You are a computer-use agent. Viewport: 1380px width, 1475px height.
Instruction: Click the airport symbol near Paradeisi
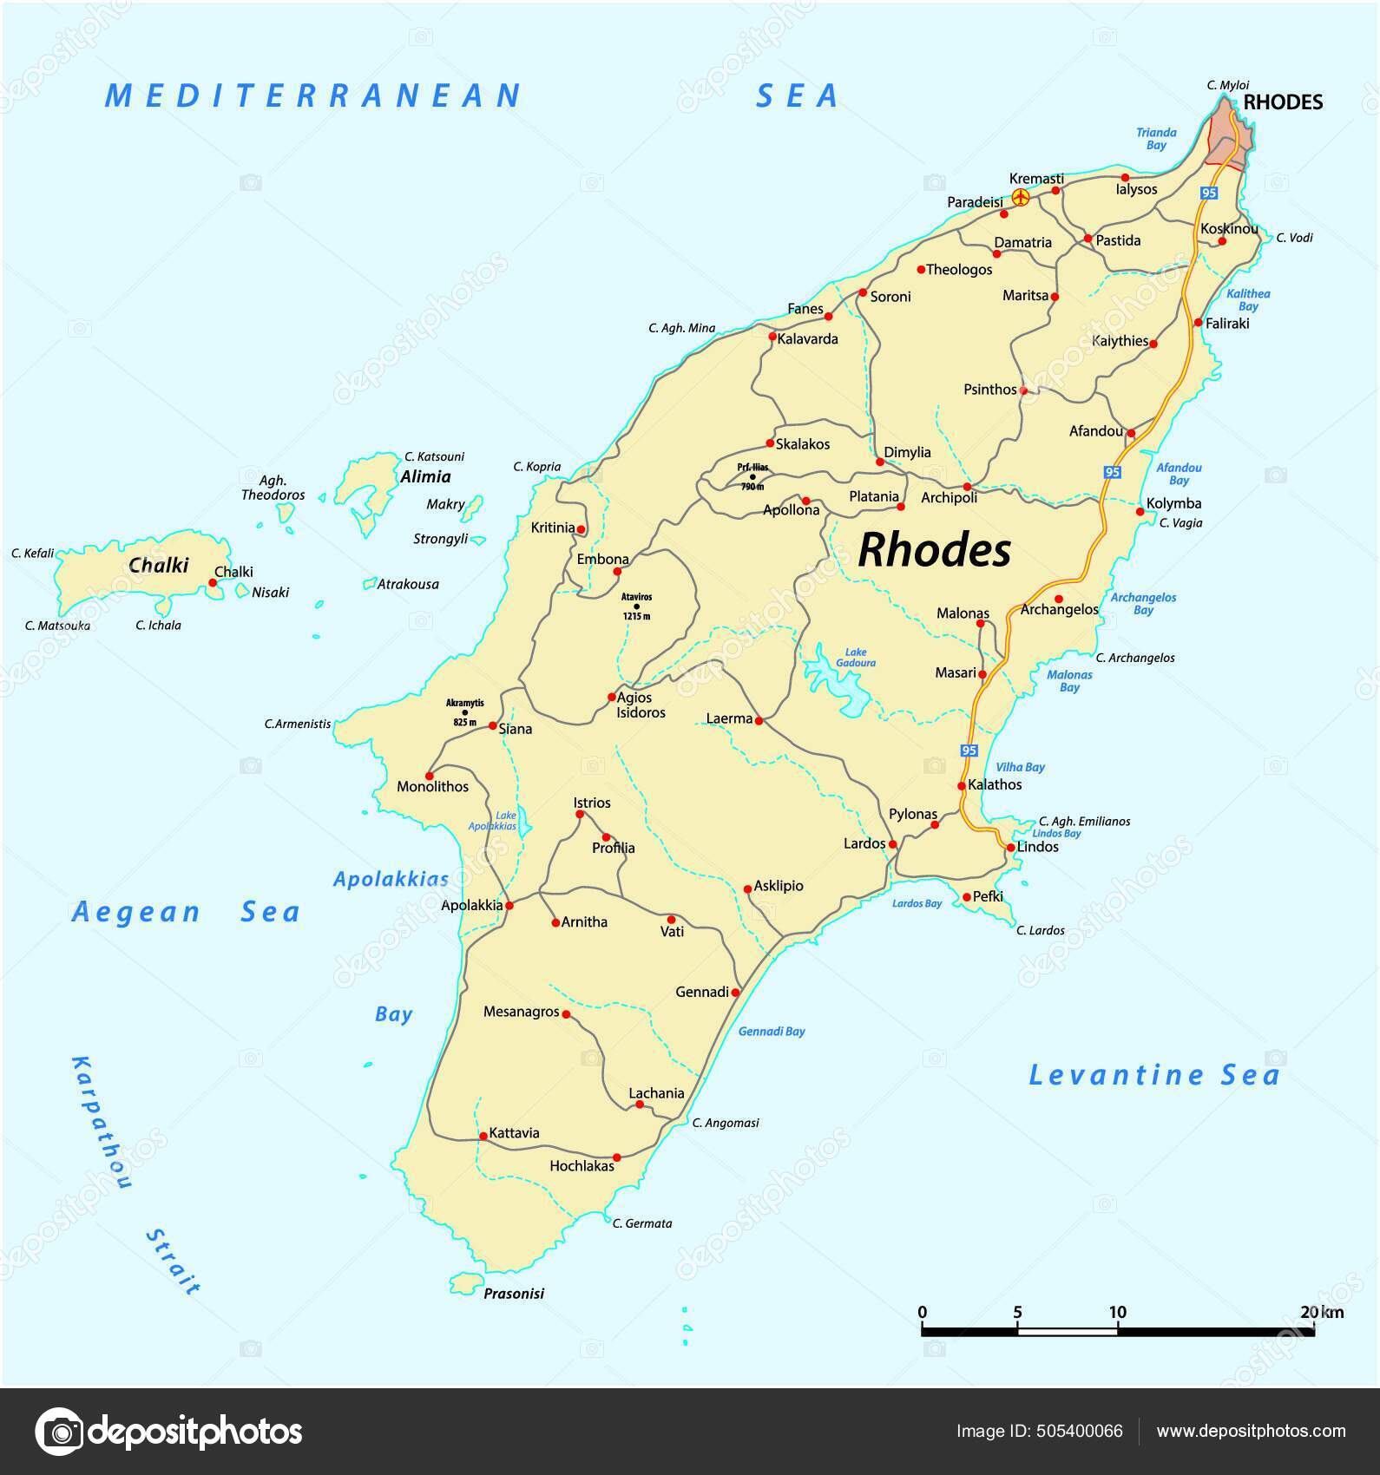(1021, 199)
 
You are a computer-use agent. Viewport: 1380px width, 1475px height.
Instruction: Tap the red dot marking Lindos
(1011, 848)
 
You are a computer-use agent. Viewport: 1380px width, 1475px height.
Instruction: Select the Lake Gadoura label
(856, 658)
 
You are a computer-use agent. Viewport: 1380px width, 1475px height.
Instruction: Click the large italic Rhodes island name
(934, 550)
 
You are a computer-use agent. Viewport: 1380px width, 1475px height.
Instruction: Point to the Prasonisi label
(514, 1294)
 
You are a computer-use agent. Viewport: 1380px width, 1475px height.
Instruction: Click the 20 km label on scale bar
(1322, 1312)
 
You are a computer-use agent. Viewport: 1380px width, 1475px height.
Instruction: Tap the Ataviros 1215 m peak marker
(636, 606)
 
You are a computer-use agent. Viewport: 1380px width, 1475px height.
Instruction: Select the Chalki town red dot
(213, 583)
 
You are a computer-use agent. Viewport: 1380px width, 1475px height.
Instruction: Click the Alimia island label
(425, 476)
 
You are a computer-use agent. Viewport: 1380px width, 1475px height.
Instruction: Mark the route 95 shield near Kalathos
(969, 750)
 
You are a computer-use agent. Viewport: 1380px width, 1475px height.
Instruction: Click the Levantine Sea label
(1153, 1076)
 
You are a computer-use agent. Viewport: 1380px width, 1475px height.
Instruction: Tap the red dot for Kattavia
(483, 1137)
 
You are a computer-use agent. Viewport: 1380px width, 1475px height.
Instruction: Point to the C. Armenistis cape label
(298, 724)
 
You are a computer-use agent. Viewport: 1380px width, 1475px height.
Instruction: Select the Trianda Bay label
(1156, 139)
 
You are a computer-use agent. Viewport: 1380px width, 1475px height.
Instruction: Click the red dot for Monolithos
(429, 776)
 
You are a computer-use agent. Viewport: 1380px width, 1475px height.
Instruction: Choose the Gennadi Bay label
(772, 1032)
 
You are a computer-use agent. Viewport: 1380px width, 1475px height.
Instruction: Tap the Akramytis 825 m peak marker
(464, 712)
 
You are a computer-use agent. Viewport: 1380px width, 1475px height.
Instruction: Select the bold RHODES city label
(1283, 102)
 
